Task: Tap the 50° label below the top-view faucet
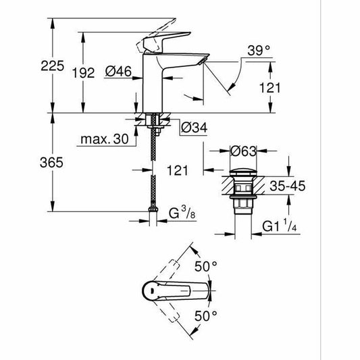207,315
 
